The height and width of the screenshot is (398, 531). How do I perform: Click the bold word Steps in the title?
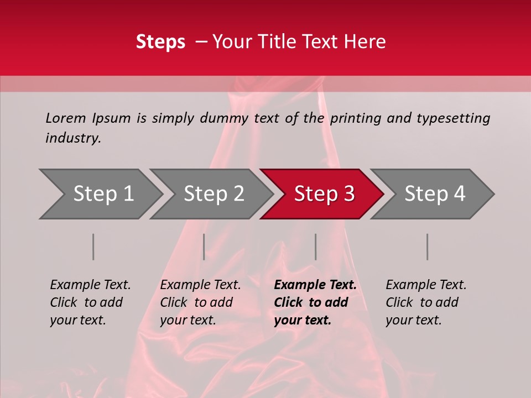tap(160, 42)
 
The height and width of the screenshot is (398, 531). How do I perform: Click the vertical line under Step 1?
tap(93, 247)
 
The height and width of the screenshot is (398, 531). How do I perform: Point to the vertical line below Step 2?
tap(204, 247)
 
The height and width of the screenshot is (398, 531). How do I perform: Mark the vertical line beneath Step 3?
tap(315, 247)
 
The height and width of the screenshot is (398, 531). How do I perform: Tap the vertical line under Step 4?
tap(427, 247)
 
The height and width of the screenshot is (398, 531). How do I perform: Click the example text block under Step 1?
tap(90, 302)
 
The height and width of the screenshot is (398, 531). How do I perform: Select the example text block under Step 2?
tap(200, 302)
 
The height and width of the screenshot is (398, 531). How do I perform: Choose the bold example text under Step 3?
tap(315, 302)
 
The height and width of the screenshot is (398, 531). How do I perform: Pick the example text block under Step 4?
tap(426, 302)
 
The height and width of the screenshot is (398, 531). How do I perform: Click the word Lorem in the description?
tap(66, 118)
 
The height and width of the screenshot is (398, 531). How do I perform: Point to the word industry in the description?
tap(72, 138)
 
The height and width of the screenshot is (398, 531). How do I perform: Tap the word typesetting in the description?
tap(453, 118)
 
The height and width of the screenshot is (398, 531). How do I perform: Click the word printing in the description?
tap(356, 118)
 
